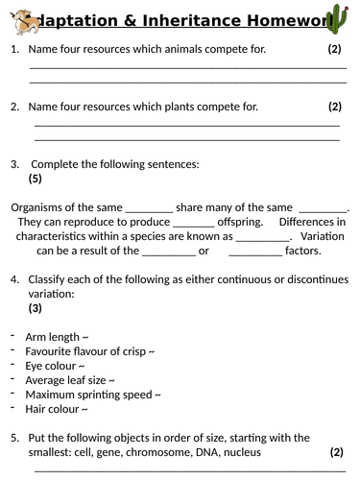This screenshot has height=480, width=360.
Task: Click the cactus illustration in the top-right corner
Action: (338, 18)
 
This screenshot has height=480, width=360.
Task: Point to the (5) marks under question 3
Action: (36, 179)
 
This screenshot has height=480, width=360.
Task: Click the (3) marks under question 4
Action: (36, 308)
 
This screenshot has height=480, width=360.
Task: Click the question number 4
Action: (14, 279)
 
